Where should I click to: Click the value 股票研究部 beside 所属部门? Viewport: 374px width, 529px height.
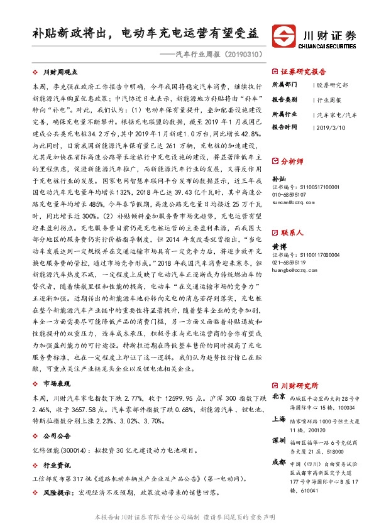[x=331, y=85]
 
